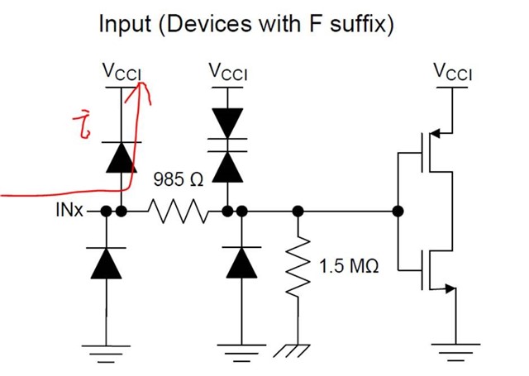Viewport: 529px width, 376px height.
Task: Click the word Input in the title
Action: (125, 23)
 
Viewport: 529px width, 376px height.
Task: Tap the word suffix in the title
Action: (358, 23)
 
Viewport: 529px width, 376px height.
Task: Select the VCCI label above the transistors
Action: (452, 74)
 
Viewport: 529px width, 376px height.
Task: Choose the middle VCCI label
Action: (231, 74)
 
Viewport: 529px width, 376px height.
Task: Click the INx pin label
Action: (69, 212)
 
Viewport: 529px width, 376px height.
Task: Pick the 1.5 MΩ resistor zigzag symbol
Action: (298, 265)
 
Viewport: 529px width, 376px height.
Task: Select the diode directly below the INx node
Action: (106, 263)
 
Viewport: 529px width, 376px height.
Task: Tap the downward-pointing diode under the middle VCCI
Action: (226, 126)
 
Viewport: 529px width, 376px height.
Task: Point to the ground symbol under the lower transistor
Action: (453, 351)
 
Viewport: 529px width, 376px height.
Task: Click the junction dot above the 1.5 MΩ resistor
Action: (298, 212)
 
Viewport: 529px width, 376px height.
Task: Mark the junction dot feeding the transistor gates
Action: (399, 212)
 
